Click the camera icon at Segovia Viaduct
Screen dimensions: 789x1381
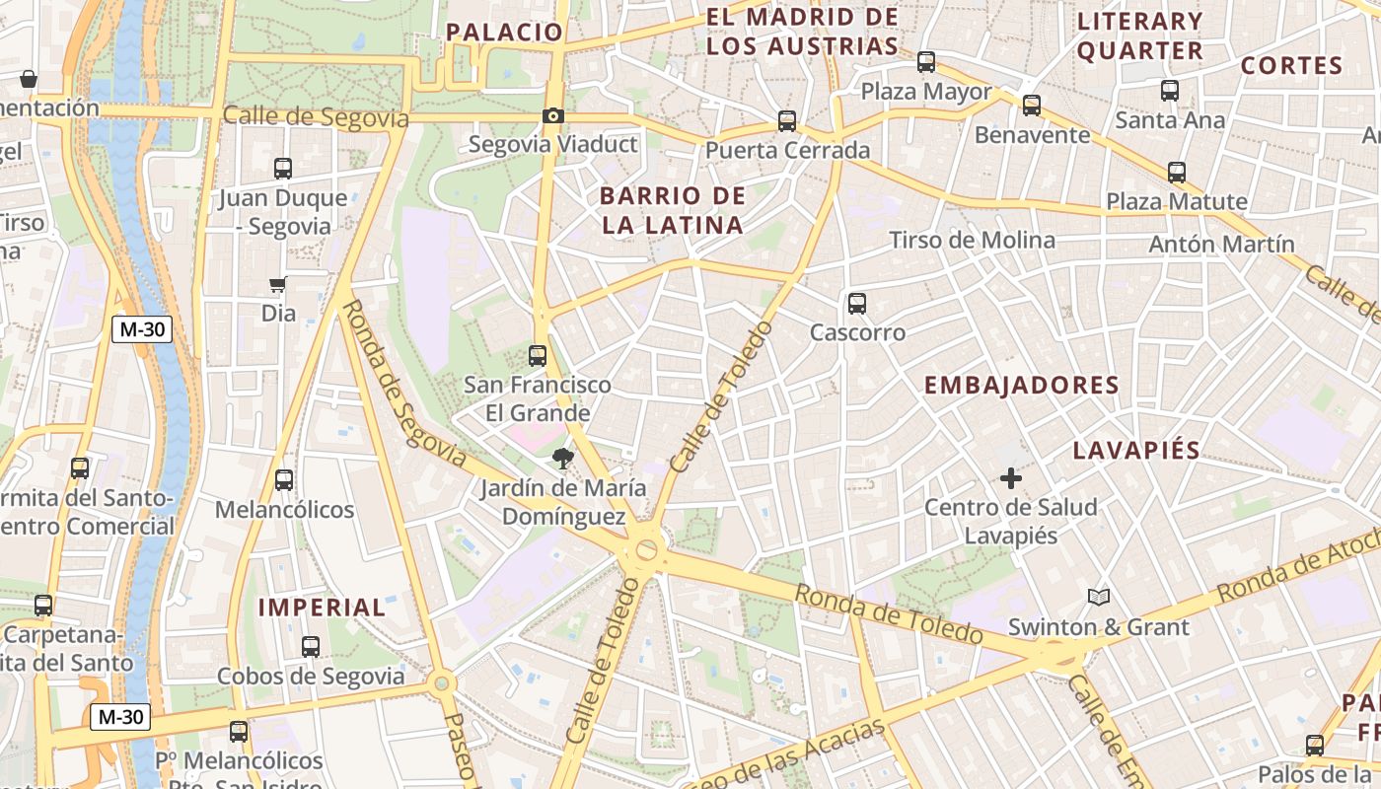click(x=552, y=116)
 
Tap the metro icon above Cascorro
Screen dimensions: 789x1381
click(x=856, y=303)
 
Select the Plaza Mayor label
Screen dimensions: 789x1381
click(x=926, y=92)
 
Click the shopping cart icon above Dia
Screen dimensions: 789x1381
click(x=277, y=285)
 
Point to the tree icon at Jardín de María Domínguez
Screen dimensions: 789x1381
click(x=563, y=458)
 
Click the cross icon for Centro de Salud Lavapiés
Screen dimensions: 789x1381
click(x=1010, y=478)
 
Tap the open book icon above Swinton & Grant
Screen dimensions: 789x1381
click(x=1098, y=597)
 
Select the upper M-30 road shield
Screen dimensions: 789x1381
click(x=141, y=329)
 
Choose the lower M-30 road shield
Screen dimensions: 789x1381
click(x=120, y=717)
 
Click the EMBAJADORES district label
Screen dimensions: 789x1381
click(x=1021, y=386)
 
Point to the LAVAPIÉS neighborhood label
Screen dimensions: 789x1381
click(x=1135, y=451)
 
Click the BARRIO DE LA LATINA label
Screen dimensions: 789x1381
click(x=672, y=210)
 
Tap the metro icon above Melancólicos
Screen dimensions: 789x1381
click(x=284, y=480)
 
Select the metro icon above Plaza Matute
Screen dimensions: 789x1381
click(x=1176, y=173)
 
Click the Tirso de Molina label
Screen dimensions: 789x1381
click(x=972, y=240)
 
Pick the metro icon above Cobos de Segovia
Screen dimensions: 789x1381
click(x=311, y=647)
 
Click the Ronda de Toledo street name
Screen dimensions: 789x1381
click(x=888, y=613)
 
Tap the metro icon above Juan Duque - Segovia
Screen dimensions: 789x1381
click(x=283, y=169)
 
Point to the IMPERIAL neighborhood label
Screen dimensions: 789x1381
click(x=322, y=608)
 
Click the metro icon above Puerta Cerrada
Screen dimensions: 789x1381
click(x=786, y=121)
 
